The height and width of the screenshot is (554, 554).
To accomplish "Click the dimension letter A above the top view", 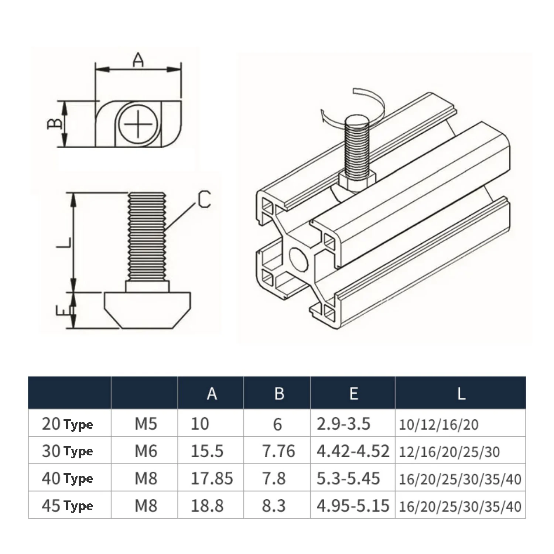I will point(138,60).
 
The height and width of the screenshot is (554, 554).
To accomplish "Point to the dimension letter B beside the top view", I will point(55,123).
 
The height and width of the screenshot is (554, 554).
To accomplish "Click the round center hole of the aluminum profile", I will point(298,259).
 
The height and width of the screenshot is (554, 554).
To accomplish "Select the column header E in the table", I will point(353,393).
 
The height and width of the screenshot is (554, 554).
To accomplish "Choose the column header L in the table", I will point(461,393).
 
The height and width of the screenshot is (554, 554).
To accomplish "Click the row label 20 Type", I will point(67,424).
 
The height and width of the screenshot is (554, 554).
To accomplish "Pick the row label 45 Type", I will point(67,506).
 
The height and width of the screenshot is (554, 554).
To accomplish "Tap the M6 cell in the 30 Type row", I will point(146,451).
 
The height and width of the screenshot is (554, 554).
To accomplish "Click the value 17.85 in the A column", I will point(212,479).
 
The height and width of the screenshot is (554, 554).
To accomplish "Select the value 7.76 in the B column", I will point(278,451).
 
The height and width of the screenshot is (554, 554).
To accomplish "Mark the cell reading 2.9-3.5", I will point(343,424).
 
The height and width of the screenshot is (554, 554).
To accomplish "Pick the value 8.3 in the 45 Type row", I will point(274,506).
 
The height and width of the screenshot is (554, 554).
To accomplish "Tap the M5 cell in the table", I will point(146,424).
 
